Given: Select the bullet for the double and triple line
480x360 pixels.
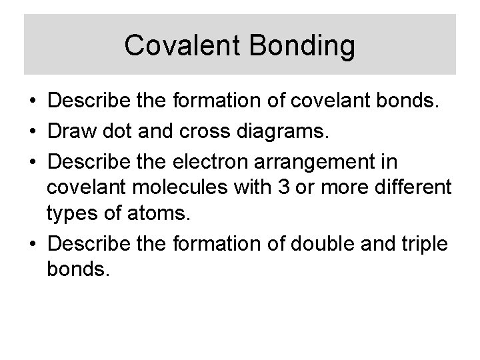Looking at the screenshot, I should [33, 245].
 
